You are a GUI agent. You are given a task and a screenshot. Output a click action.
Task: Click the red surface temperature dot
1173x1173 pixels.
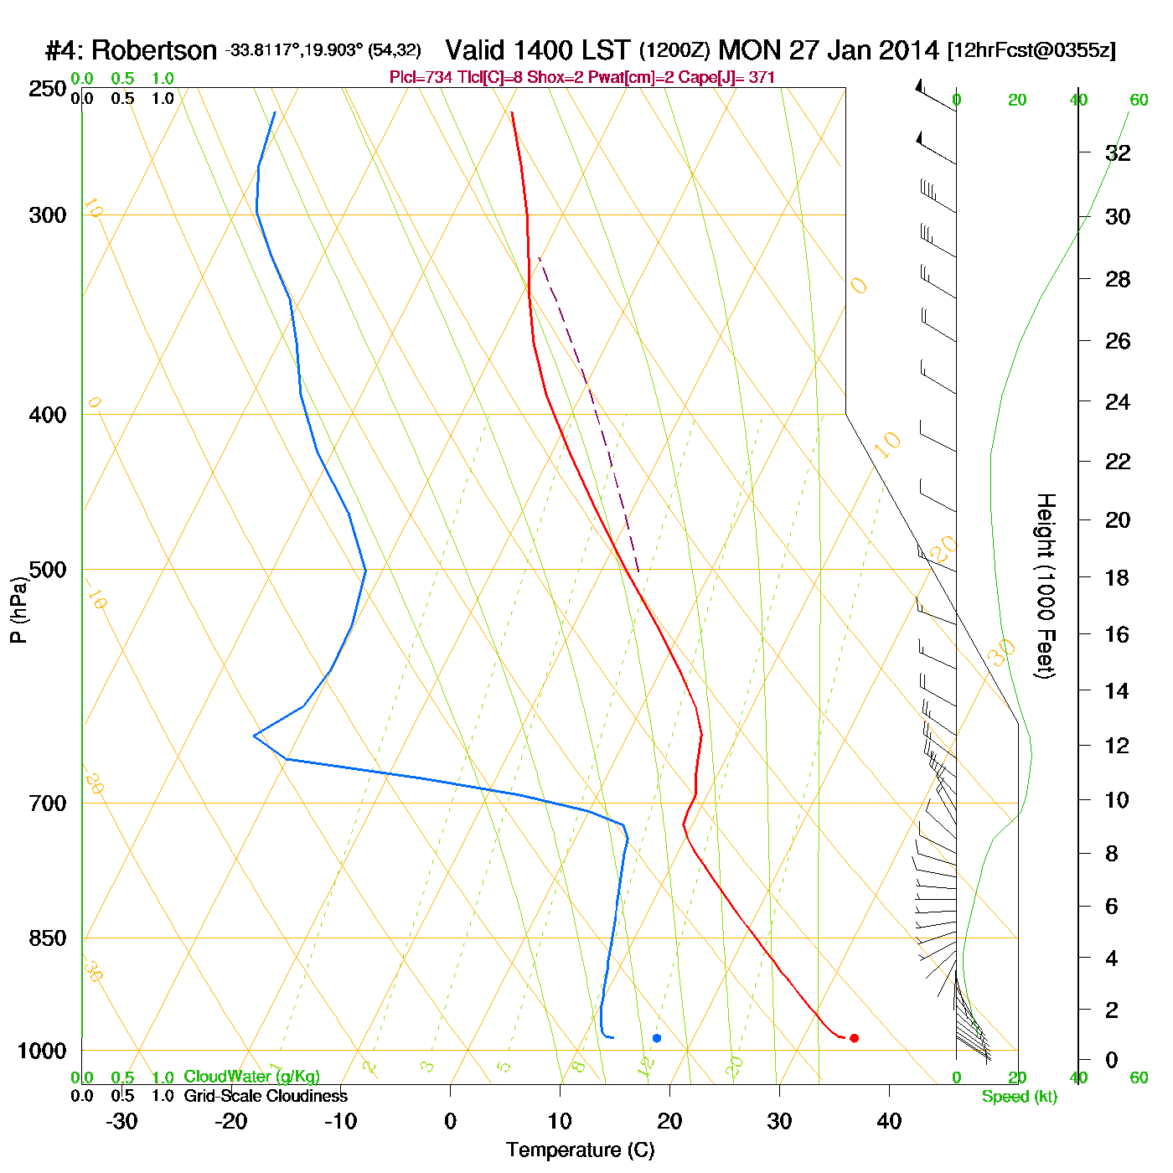[x=854, y=1038]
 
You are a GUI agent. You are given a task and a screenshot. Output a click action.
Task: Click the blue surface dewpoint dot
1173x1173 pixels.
[x=657, y=1038]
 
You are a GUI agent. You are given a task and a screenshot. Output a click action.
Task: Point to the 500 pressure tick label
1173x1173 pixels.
[x=48, y=570]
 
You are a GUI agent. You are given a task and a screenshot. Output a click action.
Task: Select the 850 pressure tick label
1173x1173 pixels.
[x=48, y=938]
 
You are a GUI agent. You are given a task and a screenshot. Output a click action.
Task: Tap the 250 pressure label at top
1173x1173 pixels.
[x=48, y=88]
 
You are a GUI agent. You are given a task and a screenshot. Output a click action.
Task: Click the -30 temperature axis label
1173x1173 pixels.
[x=121, y=1121]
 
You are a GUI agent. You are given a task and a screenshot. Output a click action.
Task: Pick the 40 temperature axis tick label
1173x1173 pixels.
[x=889, y=1121]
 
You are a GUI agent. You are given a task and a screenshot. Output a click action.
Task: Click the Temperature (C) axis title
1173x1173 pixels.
[x=580, y=1150]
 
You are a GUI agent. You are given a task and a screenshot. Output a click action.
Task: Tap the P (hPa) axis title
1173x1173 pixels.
[x=18, y=610]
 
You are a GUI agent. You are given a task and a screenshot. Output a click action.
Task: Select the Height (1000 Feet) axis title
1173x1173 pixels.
[x=1046, y=586]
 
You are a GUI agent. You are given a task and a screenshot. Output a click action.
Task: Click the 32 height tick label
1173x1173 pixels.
[x=1118, y=152]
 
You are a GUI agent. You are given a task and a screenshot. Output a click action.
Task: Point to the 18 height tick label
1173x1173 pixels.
[x=1118, y=577]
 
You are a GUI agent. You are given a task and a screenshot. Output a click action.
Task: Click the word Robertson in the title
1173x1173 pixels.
[x=154, y=51]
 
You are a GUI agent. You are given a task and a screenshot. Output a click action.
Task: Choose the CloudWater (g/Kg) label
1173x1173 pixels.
[x=251, y=1077]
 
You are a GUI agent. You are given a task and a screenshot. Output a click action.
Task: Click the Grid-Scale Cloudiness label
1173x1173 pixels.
[x=266, y=1096]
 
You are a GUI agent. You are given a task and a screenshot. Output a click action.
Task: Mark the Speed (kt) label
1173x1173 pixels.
[x=1020, y=1097]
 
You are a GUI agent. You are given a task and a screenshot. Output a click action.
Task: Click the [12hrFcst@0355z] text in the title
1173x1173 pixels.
[x=1031, y=50]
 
